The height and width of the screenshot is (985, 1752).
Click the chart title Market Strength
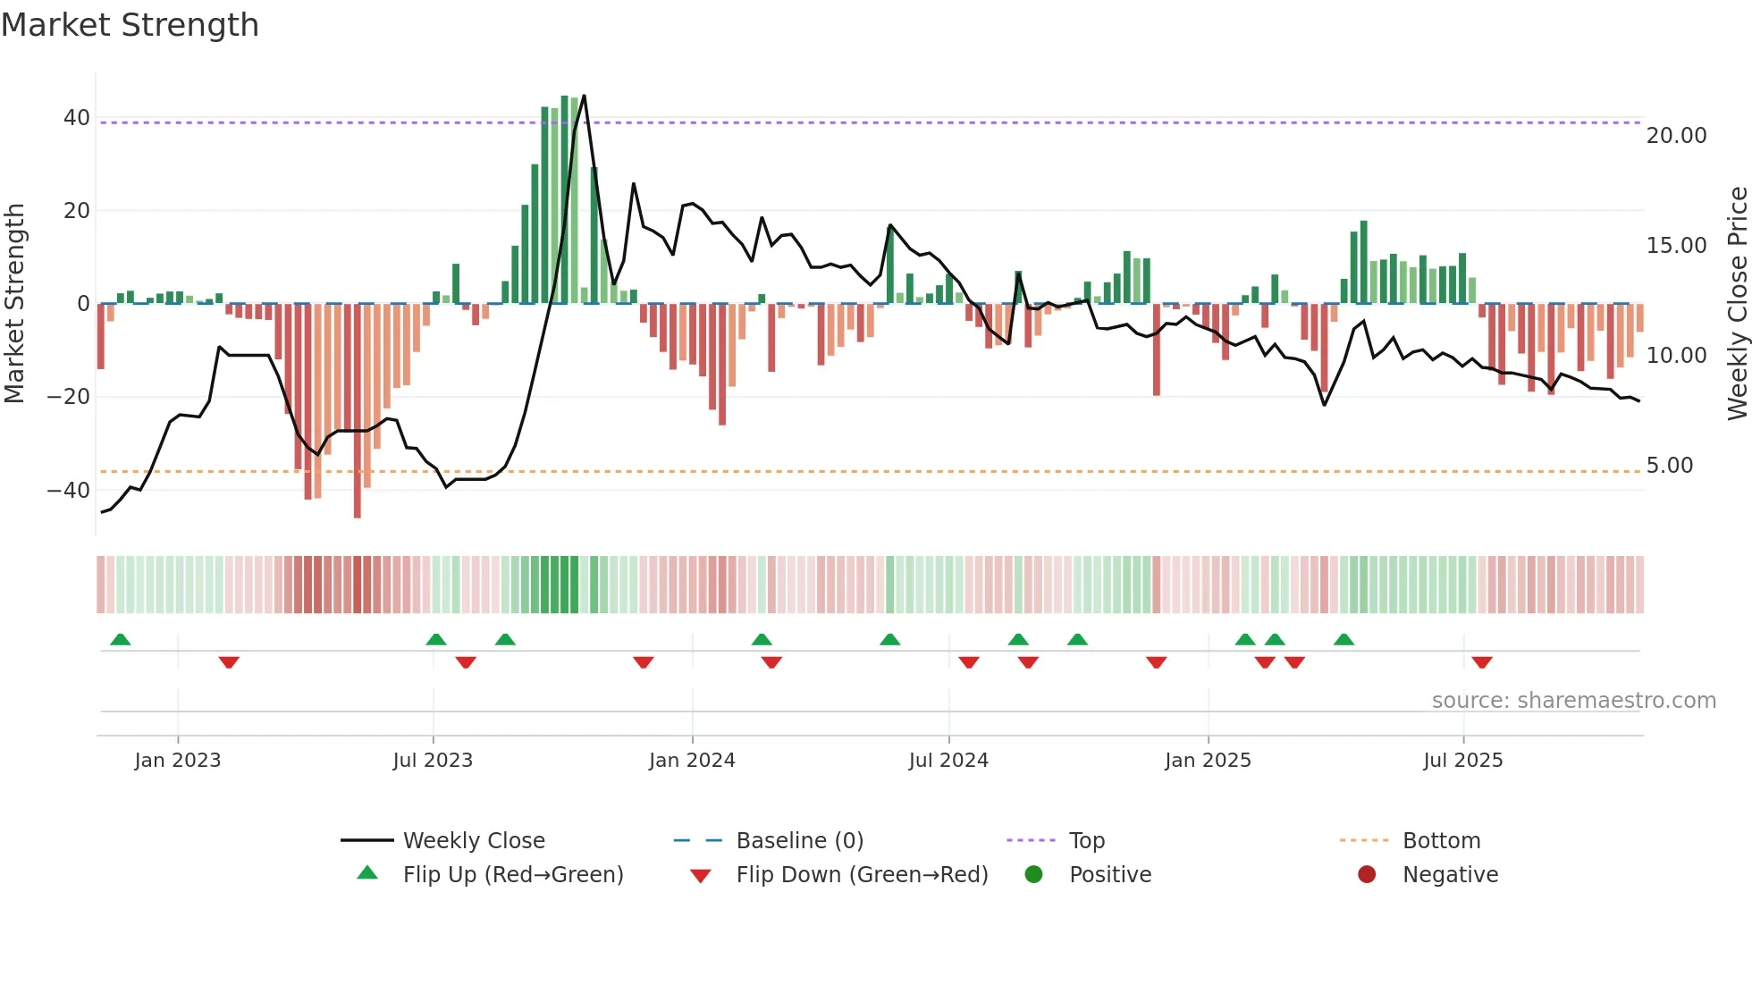click(130, 25)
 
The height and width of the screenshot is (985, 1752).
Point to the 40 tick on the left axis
click(77, 118)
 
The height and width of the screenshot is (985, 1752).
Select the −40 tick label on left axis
click(69, 490)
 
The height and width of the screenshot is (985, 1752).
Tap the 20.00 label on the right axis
click(1676, 136)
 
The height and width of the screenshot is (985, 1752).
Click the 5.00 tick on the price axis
click(1669, 466)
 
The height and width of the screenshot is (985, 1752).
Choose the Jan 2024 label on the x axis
click(692, 761)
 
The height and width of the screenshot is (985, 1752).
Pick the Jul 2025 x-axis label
click(1463, 761)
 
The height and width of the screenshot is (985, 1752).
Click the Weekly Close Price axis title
click(1737, 304)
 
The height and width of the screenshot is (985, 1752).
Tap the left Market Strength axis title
click(15, 304)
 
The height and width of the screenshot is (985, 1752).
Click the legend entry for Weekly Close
click(474, 841)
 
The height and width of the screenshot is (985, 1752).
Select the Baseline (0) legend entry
click(799, 841)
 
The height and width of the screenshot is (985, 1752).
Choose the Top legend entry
click(1087, 841)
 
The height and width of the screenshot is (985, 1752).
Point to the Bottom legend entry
click(1441, 841)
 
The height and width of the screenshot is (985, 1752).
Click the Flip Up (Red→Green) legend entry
click(512, 875)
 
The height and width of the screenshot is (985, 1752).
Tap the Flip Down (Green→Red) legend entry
click(862, 875)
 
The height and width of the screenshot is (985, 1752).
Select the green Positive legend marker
click(1034, 875)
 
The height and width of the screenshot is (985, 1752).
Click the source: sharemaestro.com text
click(1573, 701)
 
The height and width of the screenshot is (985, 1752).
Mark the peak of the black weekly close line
click(584, 96)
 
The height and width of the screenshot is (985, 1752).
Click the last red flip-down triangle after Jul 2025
click(1482, 662)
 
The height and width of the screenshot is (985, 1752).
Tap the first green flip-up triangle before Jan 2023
click(121, 639)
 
